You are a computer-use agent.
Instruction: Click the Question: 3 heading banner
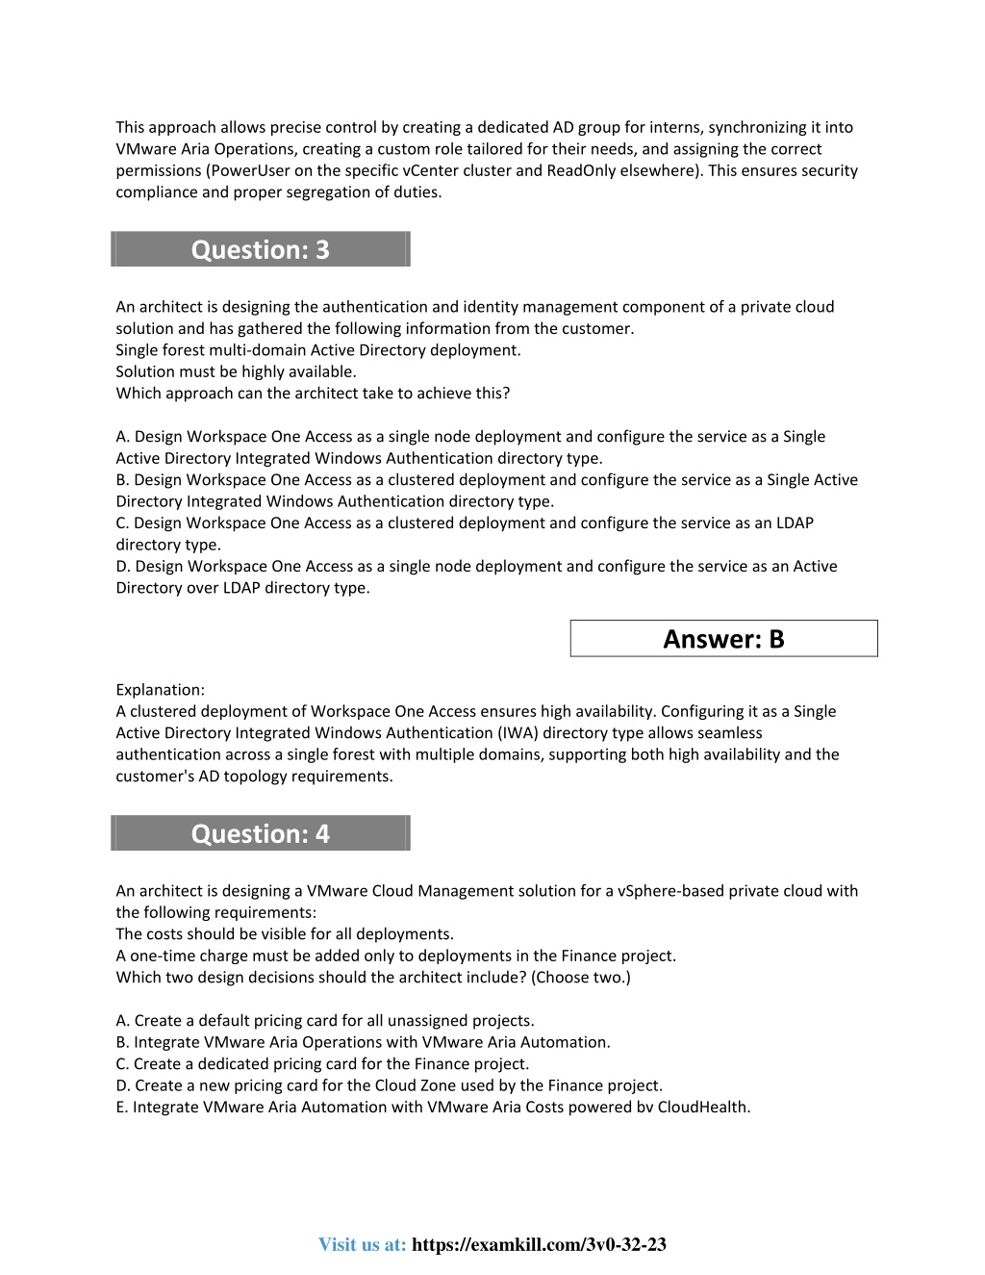tap(260, 249)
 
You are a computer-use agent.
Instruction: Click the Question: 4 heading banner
tap(260, 833)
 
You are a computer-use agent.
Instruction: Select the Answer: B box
tap(723, 639)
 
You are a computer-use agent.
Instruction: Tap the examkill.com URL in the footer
tap(539, 1244)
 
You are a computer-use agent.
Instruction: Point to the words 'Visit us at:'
tap(363, 1244)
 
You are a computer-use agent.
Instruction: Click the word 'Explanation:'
tap(160, 689)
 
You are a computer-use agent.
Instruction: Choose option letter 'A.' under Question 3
tap(123, 436)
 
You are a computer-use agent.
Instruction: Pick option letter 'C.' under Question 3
tap(123, 523)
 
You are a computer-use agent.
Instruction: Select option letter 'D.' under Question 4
tap(123, 1084)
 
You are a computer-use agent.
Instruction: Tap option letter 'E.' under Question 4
tap(122, 1107)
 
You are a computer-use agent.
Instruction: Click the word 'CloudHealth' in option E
tap(702, 1107)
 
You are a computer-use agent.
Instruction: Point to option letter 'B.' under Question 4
tap(123, 1042)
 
